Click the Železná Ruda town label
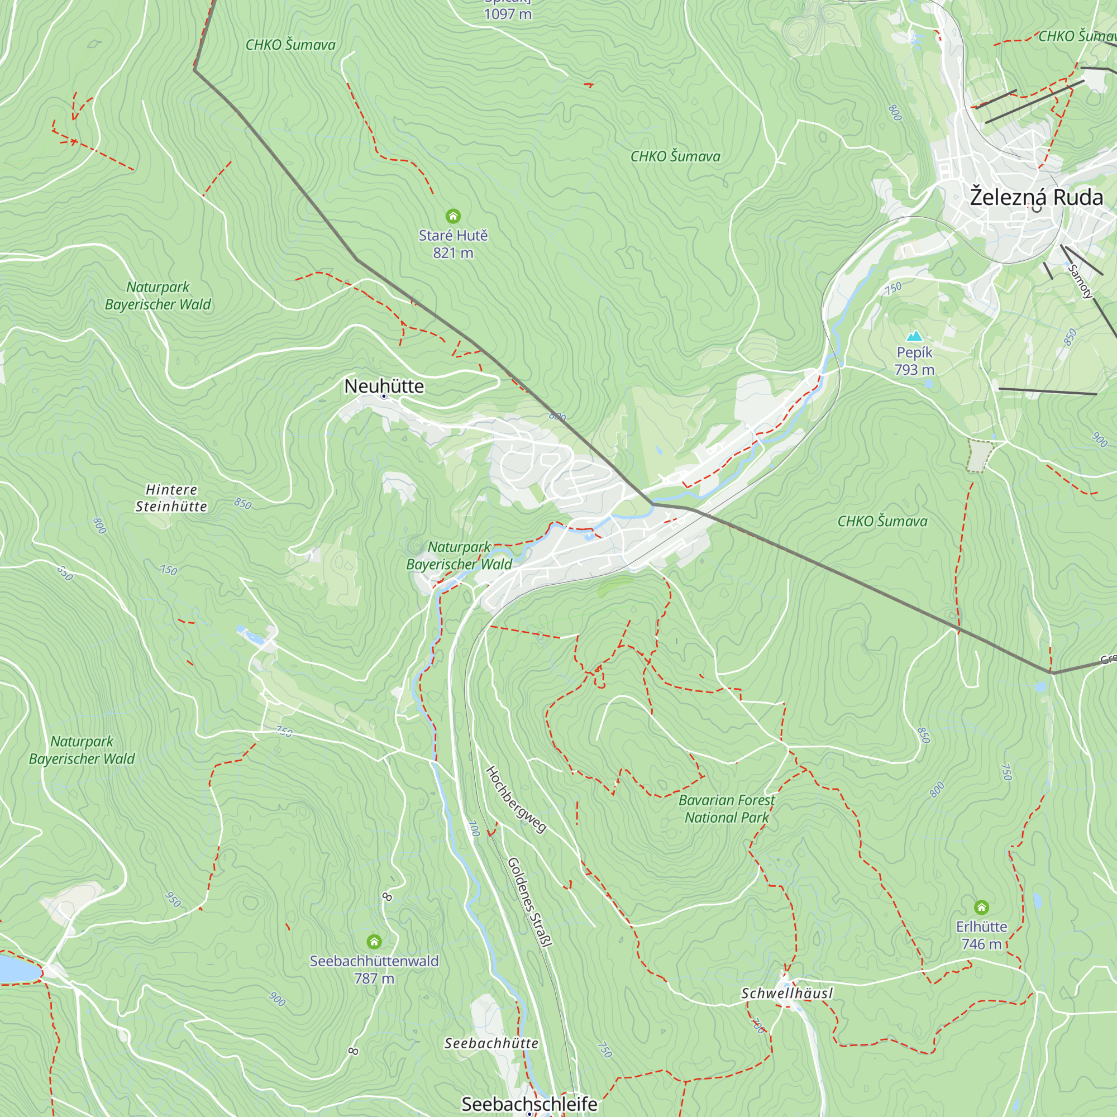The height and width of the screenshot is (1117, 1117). coord(1036,197)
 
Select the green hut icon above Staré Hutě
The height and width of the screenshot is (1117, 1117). coord(454,216)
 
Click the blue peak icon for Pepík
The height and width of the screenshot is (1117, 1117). coord(914,336)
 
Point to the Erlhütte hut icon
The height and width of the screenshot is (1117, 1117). coord(981,906)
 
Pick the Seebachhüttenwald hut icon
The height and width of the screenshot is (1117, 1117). coord(374,942)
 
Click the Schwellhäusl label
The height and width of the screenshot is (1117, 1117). coord(787,993)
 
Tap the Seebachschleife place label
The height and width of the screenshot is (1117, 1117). coord(529,1103)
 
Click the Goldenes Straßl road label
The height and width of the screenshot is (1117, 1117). coord(529,902)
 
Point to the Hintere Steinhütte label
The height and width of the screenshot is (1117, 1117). coord(171,498)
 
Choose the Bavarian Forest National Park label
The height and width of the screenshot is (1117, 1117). coord(726,809)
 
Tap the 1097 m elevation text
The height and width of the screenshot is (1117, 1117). coord(508,14)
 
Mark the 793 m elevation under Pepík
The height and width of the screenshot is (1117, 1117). coord(914,369)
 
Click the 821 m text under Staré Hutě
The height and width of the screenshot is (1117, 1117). coord(454,252)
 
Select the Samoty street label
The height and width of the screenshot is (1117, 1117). coord(1080,281)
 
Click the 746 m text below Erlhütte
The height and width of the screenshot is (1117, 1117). coord(981,943)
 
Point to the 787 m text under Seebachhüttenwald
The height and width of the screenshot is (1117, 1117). coord(374,978)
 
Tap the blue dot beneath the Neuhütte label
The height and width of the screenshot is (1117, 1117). coord(384,396)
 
